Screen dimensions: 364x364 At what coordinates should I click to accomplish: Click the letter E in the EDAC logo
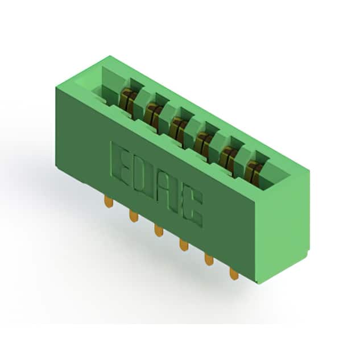tap(120, 163)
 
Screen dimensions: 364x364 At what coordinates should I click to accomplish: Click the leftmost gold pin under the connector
tap(109, 201)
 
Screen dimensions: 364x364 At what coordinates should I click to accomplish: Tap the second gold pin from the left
tap(134, 216)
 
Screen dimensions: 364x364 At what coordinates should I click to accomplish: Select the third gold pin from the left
tap(159, 230)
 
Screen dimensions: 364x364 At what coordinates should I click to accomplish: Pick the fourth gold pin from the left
tap(184, 245)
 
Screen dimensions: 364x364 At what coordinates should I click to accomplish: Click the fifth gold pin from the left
tap(209, 259)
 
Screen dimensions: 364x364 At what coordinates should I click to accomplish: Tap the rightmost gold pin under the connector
tap(234, 274)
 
